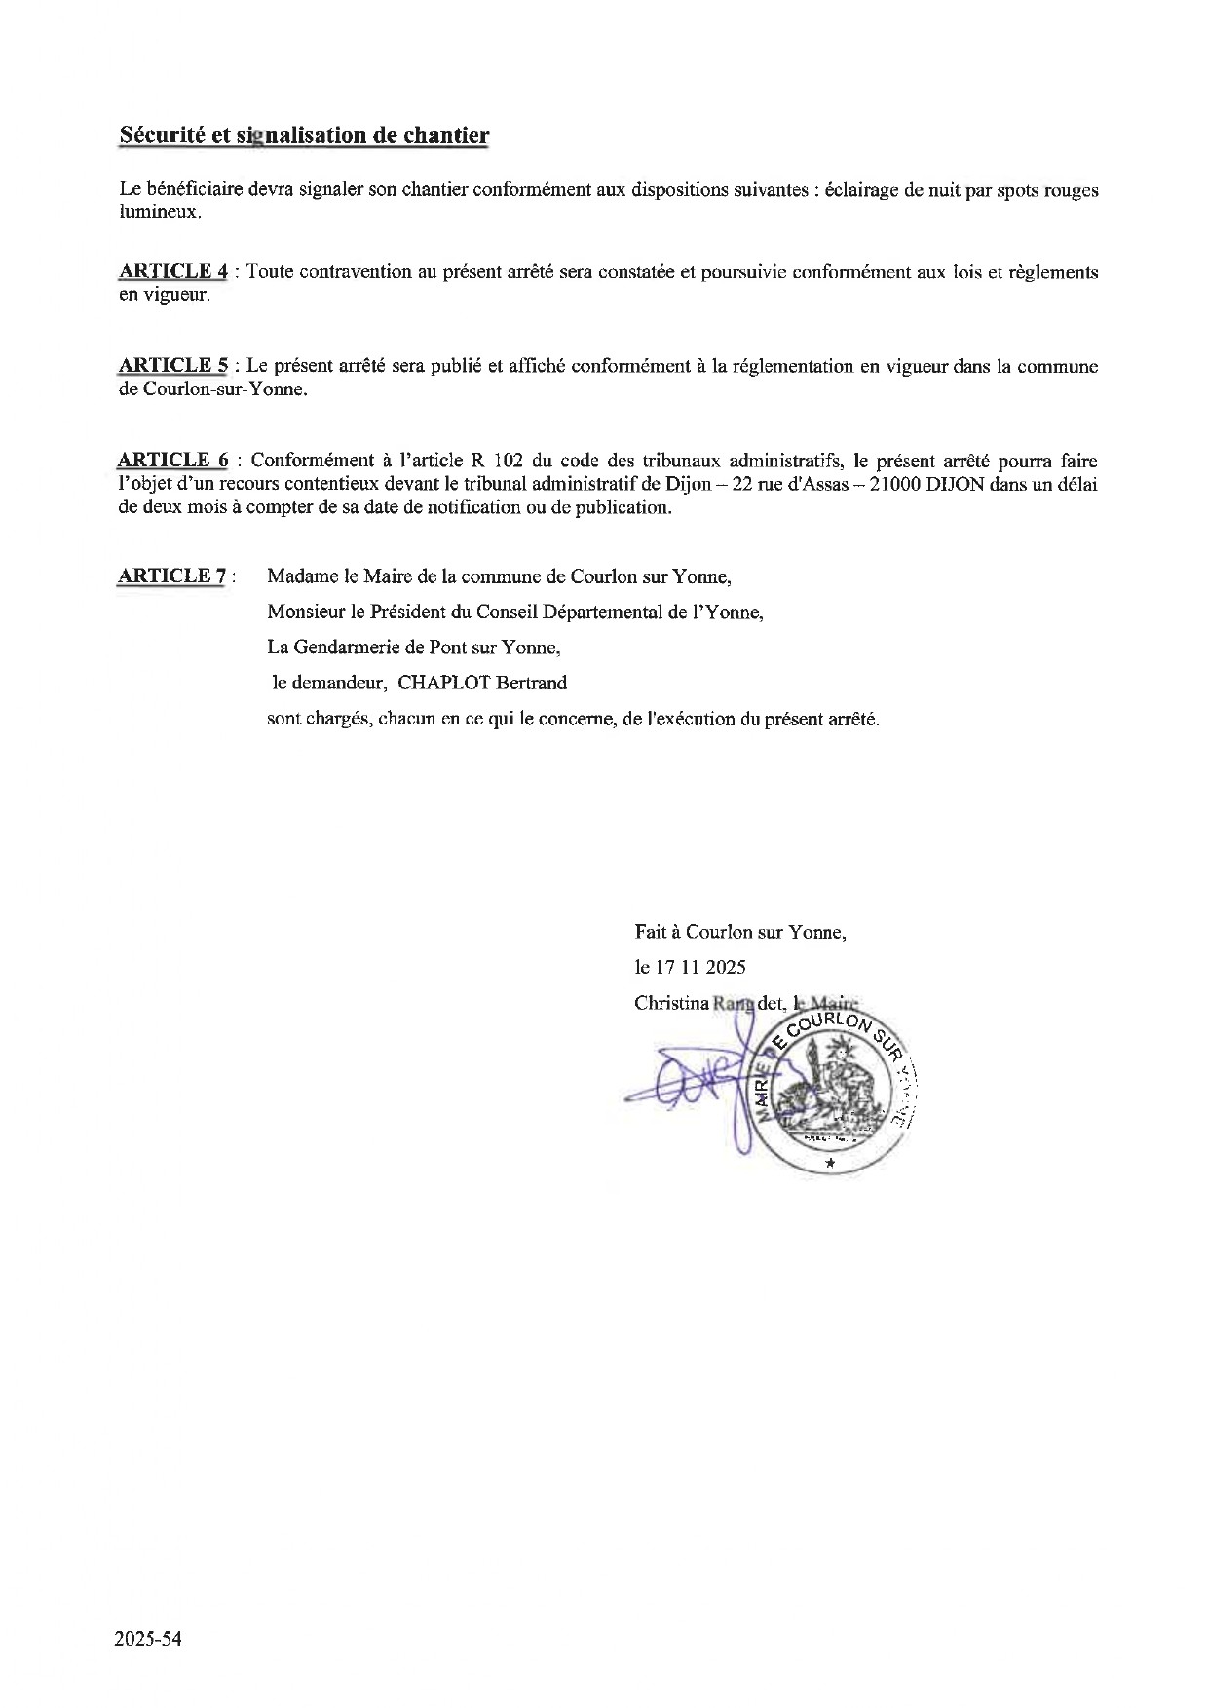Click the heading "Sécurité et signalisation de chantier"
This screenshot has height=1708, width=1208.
(x=303, y=135)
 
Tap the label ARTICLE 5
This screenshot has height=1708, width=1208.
(x=173, y=365)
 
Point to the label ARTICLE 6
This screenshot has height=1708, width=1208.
(x=172, y=460)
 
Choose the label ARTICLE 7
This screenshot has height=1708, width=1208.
(x=171, y=576)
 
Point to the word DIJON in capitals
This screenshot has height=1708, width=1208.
(x=986, y=485)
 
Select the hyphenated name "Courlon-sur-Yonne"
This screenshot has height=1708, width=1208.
(x=223, y=390)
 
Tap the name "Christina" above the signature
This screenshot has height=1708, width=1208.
(x=670, y=1002)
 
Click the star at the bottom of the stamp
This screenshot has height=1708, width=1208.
(x=829, y=1162)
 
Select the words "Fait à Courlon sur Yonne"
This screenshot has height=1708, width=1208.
(x=740, y=932)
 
